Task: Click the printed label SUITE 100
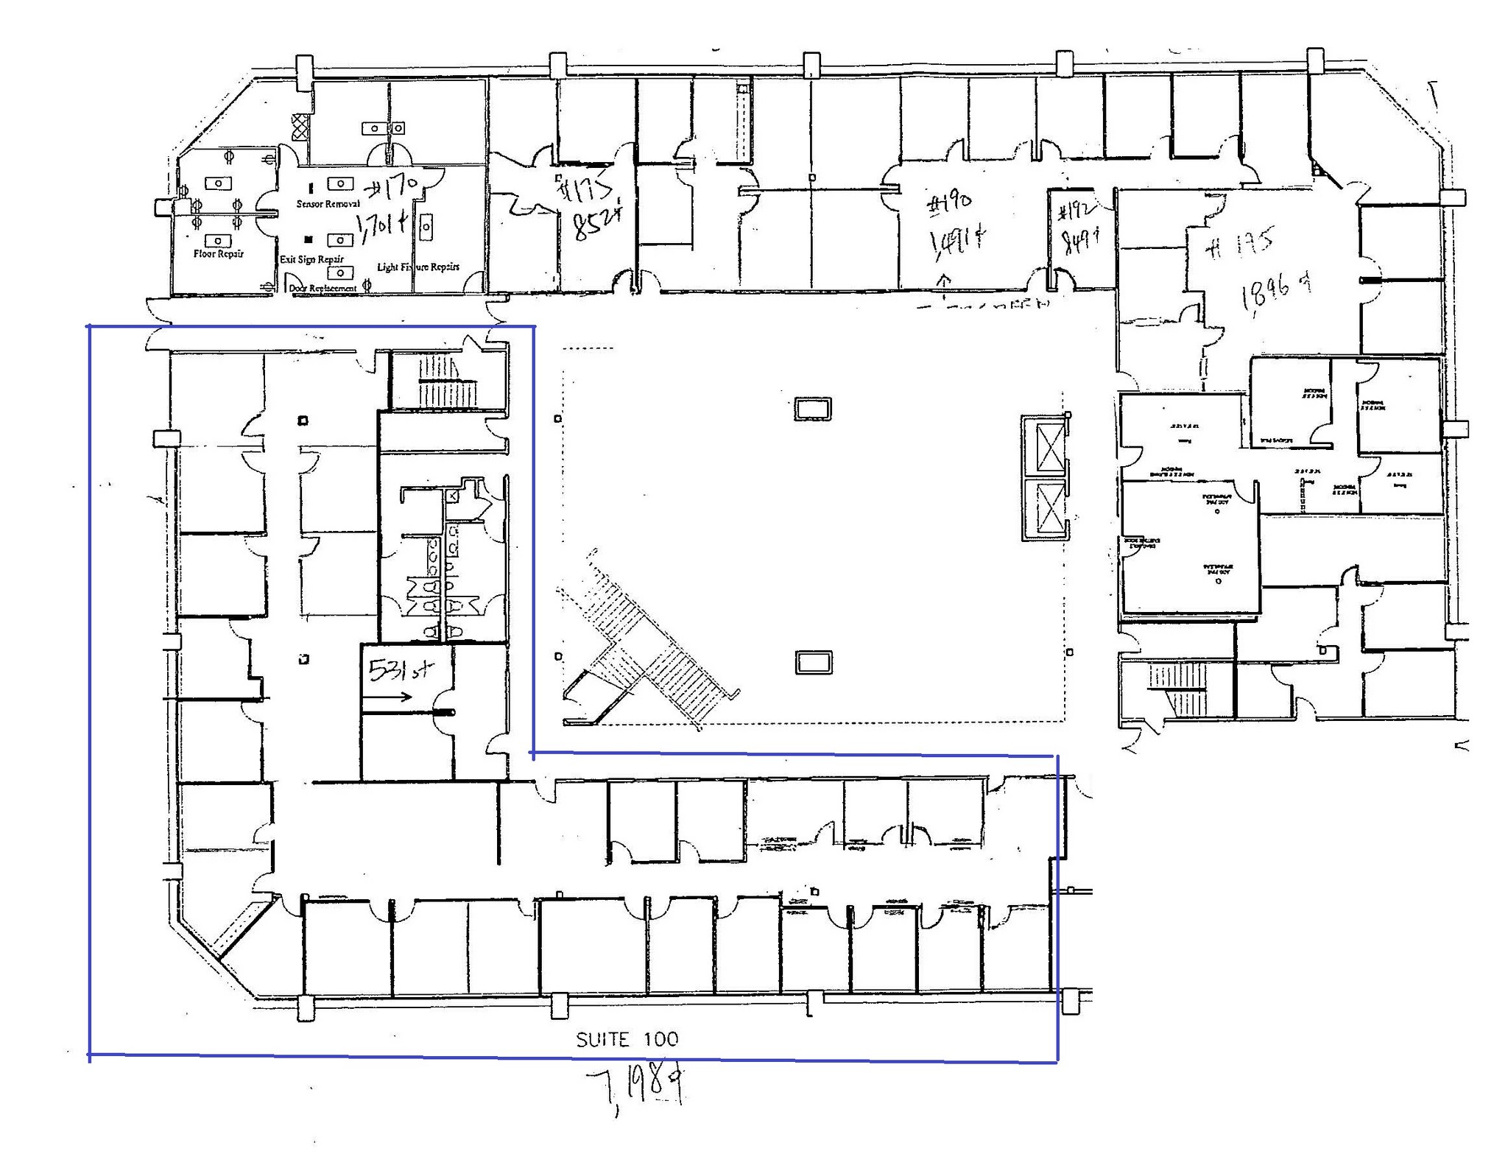coord(627,1039)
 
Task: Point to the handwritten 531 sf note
coord(401,669)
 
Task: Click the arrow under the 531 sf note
coord(398,697)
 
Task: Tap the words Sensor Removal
coord(328,204)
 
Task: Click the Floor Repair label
coord(218,254)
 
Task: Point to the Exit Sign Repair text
coord(311,259)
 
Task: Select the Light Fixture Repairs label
coord(418,267)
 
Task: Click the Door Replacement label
coord(323,289)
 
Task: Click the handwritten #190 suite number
coord(949,203)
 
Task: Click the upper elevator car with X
coord(1050,448)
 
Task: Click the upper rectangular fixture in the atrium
coord(813,408)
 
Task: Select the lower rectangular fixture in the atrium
coord(814,662)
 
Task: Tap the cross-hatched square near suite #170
coord(299,127)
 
